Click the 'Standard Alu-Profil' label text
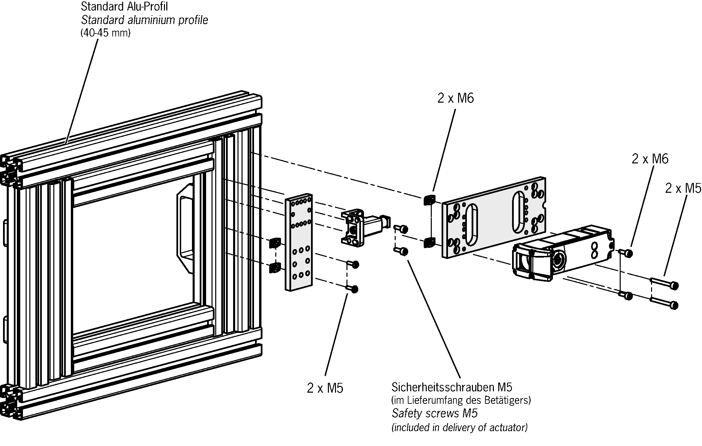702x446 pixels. tap(124, 7)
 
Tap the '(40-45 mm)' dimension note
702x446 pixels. tap(105, 33)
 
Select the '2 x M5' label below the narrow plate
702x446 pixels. tap(325, 388)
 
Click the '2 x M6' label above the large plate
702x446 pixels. tap(455, 98)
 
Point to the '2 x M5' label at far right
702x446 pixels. tap(683, 188)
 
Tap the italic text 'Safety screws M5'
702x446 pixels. tap(434, 413)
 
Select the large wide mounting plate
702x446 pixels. tap(494, 218)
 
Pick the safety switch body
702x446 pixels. tap(563, 251)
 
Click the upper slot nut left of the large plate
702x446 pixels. tap(429, 200)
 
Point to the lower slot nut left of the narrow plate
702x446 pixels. tap(275, 268)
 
